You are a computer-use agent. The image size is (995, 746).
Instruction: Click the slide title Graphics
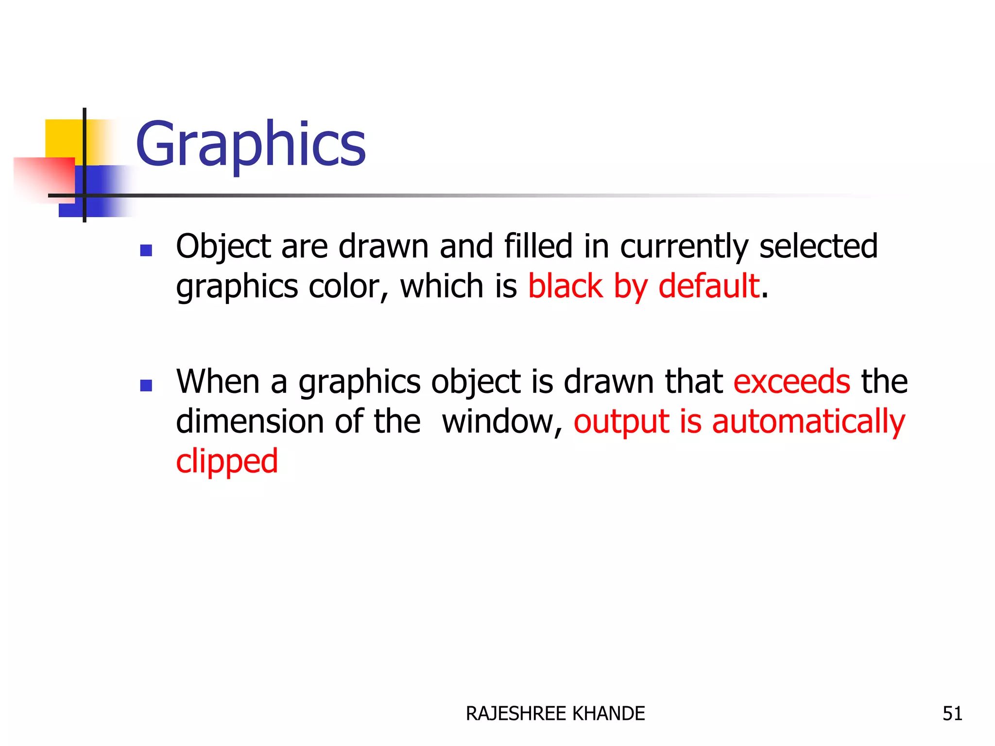[250, 144]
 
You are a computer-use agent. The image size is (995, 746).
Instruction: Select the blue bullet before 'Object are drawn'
[146, 250]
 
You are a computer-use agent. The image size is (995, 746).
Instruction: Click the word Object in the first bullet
[223, 246]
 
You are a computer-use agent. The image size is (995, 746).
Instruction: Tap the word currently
[684, 246]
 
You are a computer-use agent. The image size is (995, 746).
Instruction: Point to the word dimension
[249, 421]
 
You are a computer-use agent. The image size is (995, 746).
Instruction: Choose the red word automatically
[808, 422]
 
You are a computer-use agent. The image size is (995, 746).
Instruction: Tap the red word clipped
[227, 461]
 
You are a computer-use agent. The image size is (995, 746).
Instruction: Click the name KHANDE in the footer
[608, 713]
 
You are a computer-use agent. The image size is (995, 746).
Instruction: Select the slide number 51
[952, 713]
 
